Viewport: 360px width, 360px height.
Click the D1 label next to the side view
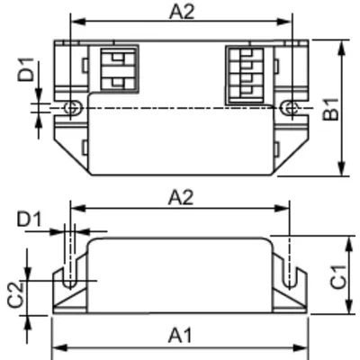point(30,220)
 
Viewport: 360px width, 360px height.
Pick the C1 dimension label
point(334,280)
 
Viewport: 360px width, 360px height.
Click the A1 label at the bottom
point(180,334)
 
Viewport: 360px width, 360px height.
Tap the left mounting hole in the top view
point(71,108)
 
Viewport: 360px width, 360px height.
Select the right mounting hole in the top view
point(288,108)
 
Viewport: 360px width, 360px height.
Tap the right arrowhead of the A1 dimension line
point(303,347)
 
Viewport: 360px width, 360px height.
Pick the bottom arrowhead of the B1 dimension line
point(342,173)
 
